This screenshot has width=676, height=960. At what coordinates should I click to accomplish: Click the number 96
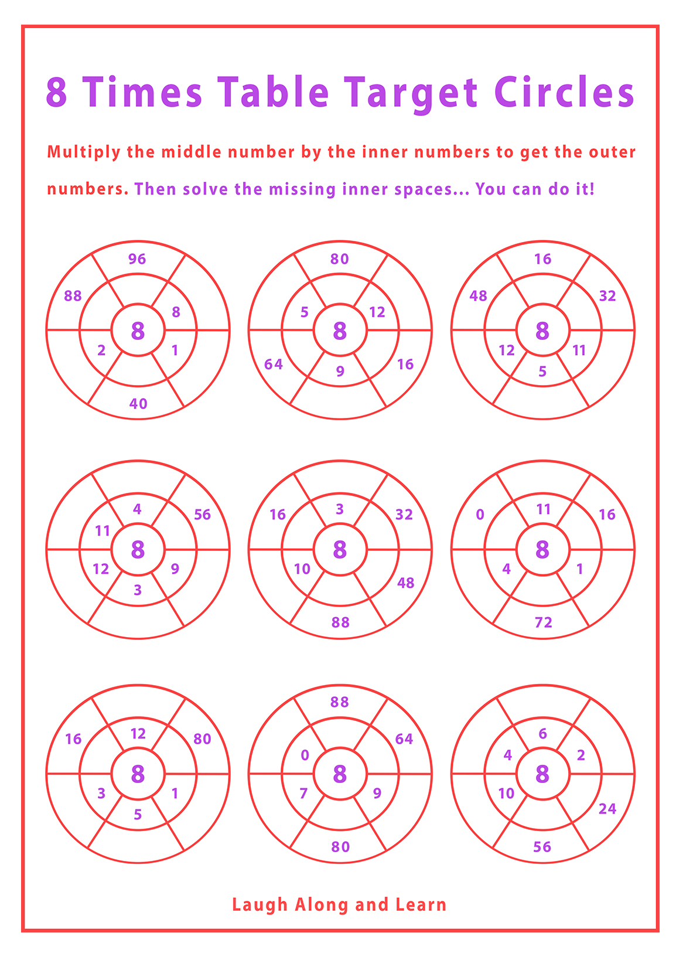[x=137, y=259]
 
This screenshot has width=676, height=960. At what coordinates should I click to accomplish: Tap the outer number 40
[x=138, y=403]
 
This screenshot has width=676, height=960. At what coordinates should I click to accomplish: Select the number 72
[x=543, y=622]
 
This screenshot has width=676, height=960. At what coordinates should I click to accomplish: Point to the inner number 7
[x=303, y=793]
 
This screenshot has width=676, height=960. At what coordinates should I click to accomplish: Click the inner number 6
[x=543, y=733]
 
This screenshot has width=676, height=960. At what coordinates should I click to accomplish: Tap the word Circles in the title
[x=564, y=91]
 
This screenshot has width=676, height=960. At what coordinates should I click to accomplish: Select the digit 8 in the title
[x=57, y=91]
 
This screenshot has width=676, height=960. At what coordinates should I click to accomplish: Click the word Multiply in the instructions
[x=84, y=152]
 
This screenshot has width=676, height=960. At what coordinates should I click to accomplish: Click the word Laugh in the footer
[x=260, y=904]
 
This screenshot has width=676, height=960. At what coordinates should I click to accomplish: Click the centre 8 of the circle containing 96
[x=138, y=331]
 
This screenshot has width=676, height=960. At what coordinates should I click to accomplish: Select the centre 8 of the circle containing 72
[x=542, y=549]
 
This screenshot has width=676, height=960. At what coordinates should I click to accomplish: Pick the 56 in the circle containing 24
[x=542, y=846]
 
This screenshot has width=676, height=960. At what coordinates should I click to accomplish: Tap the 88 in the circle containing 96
[x=73, y=296]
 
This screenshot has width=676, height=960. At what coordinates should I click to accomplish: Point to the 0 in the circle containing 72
[x=480, y=515]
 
